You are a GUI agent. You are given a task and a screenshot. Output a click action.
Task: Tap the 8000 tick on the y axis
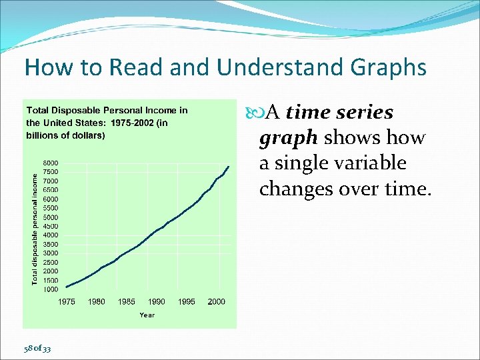point(51,163)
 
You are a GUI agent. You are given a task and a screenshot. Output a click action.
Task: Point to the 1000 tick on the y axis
point(51,289)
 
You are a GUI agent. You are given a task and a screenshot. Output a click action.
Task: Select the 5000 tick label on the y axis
point(51,217)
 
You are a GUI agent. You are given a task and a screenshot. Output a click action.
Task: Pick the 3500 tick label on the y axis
point(51,244)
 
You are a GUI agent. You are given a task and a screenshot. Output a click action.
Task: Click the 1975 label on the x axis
point(66,302)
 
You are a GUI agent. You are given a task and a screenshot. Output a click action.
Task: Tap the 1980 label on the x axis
point(97,302)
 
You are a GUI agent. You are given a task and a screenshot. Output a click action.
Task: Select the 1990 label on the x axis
point(157,302)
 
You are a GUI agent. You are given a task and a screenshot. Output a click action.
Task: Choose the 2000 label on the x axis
point(216,302)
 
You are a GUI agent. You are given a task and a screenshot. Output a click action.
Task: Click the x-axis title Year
point(147,315)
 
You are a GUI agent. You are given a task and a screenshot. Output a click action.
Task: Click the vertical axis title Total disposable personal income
point(35,227)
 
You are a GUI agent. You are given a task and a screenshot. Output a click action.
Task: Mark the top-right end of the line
point(229,166)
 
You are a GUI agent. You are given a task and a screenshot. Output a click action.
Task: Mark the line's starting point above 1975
point(66,287)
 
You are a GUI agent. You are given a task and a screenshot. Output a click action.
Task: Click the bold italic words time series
point(339,113)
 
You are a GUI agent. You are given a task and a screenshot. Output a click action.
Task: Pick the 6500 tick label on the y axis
point(51,190)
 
